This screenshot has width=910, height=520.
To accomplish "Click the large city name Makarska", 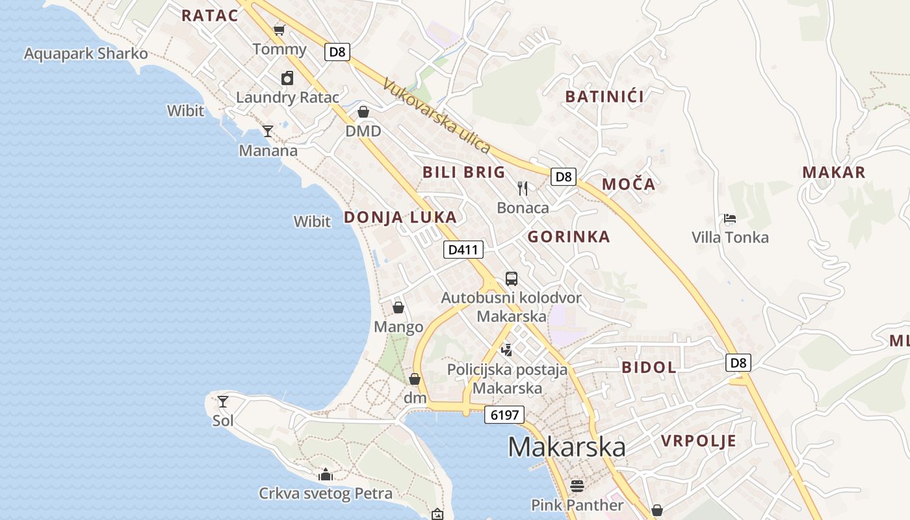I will [x=566, y=447].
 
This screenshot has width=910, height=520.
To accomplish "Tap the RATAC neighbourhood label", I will [x=210, y=16].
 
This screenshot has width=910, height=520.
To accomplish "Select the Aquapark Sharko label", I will [x=86, y=53].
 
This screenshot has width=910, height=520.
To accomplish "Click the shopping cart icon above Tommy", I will [x=279, y=30].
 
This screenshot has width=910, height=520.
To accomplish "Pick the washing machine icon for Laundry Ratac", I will [x=287, y=79].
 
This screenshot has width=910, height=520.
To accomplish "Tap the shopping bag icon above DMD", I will [x=363, y=112].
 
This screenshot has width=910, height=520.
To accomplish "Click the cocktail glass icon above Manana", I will [x=268, y=131].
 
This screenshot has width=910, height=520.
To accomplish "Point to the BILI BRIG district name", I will [x=463, y=172].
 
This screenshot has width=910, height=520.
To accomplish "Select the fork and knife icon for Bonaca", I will [x=523, y=188].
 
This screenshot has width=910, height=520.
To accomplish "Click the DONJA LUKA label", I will [x=400, y=217].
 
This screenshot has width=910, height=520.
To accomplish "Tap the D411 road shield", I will [x=463, y=249].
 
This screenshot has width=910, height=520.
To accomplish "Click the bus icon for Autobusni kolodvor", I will [x=512, y=279].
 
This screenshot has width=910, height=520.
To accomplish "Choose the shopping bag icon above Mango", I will [x=398, y=307].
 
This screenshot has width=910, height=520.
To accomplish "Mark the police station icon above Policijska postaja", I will [x=507, y=350].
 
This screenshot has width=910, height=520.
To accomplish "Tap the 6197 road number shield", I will [x=504, y=415].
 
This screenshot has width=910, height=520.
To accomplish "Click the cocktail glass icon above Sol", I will [x=223, y=401].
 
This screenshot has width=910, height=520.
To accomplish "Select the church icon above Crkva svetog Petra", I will [x=326, y=474].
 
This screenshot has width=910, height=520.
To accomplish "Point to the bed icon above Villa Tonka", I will [x=730, y=218].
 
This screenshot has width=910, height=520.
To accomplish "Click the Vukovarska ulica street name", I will [x=437, y=116].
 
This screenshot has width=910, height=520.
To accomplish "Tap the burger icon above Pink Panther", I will [x=577, y=486].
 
